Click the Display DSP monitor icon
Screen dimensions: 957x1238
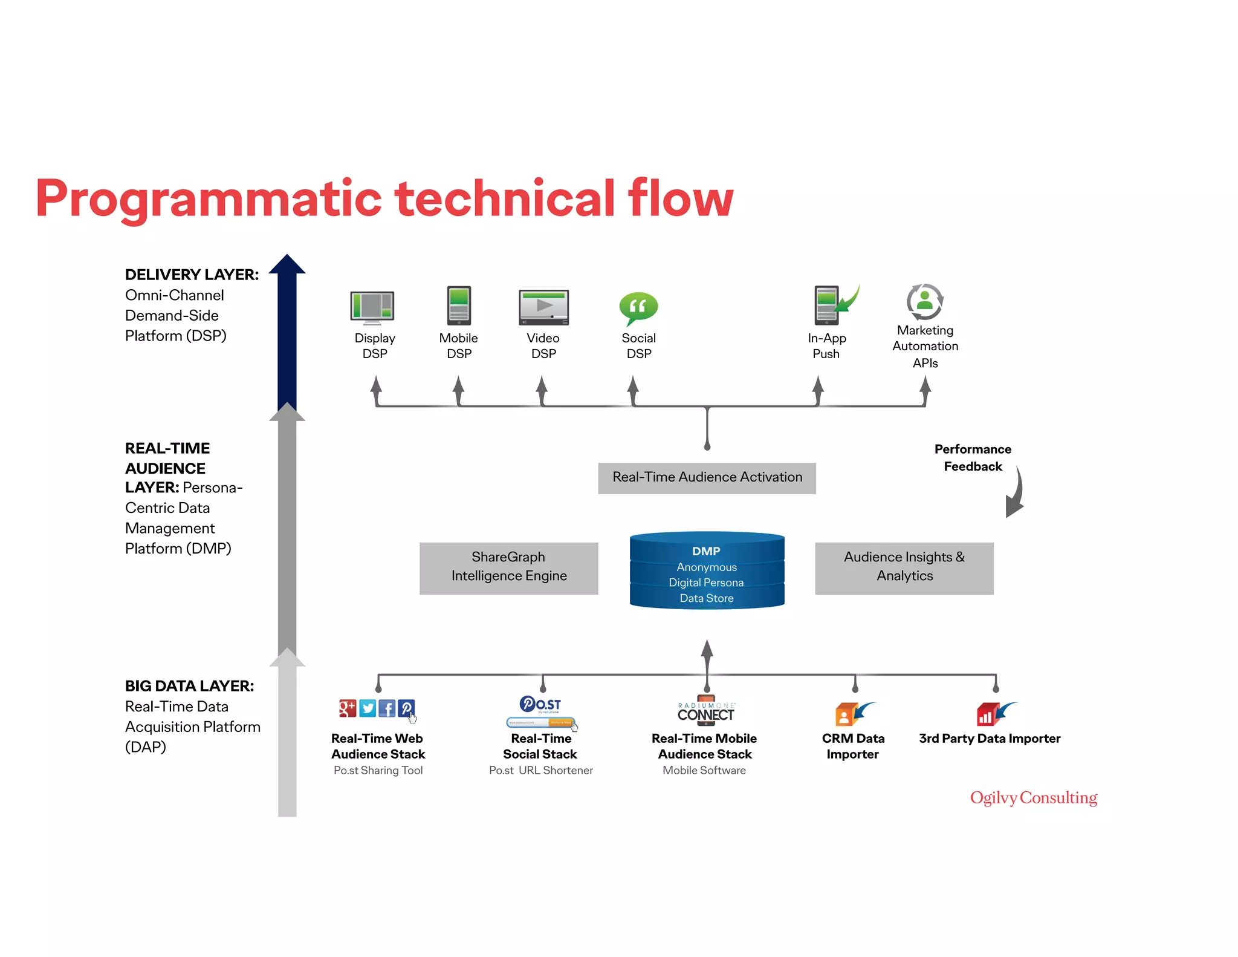point(372,306)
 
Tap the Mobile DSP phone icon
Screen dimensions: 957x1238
point(459,305)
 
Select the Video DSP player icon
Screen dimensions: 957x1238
point(543,307)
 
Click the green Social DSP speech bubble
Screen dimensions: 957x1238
point(638,307)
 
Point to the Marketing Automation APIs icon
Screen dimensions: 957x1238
point(925,301)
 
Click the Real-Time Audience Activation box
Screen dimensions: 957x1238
point(707,478)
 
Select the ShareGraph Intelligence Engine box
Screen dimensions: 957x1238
point(508,567)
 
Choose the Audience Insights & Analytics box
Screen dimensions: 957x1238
point(904,567)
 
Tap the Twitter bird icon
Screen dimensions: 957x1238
point(368,708)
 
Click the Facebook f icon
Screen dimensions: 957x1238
point(387,708)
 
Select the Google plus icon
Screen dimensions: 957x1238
point(348,708)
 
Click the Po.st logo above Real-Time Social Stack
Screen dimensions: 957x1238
point(540,704)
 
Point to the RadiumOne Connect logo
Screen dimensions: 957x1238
point(705,712)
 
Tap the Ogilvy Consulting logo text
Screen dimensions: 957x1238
point(1033,798)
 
